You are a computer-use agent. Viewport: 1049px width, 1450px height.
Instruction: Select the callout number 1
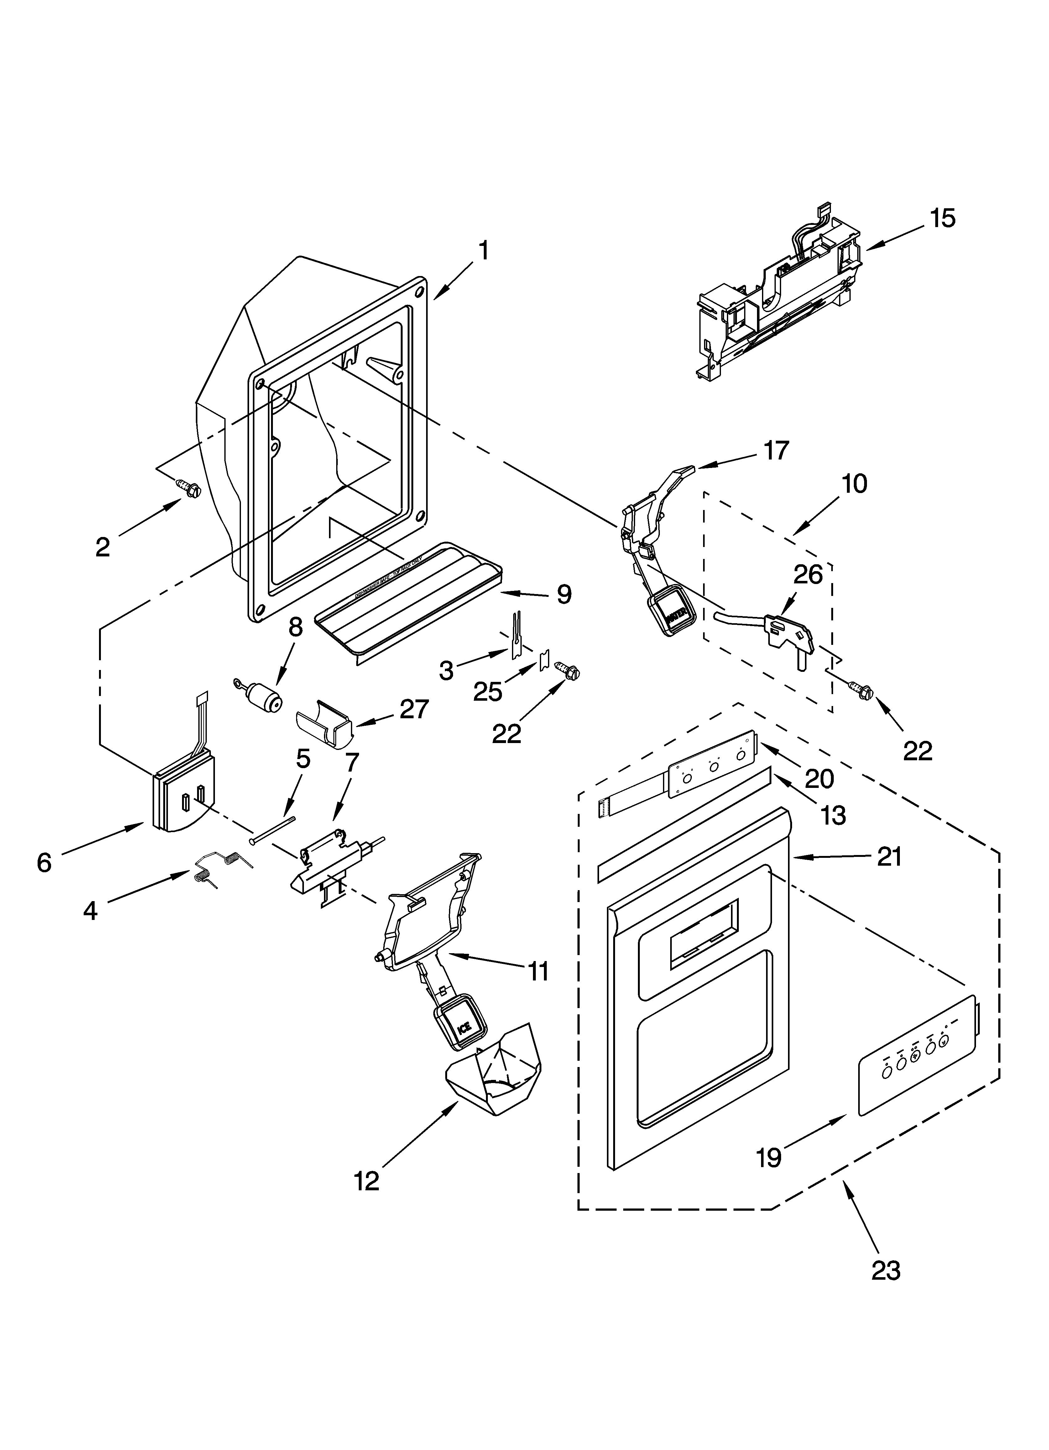(x=484, y=251)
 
